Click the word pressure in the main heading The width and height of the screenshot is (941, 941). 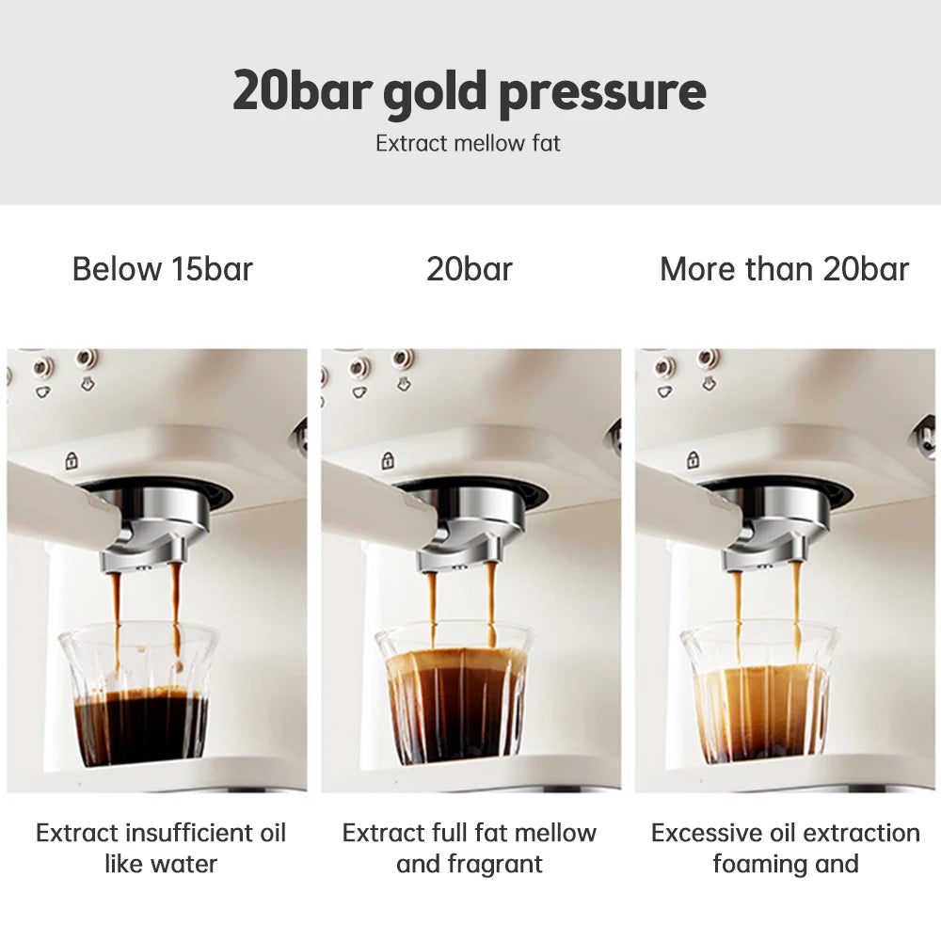601,91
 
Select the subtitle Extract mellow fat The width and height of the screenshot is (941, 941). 468,144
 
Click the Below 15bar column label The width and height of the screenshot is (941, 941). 163,269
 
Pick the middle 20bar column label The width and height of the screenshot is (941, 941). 470,269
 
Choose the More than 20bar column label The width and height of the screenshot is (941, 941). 784,269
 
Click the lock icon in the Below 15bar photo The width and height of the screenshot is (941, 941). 71,461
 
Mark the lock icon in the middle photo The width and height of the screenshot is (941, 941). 386,461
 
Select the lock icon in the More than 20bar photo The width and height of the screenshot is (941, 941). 694,460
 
